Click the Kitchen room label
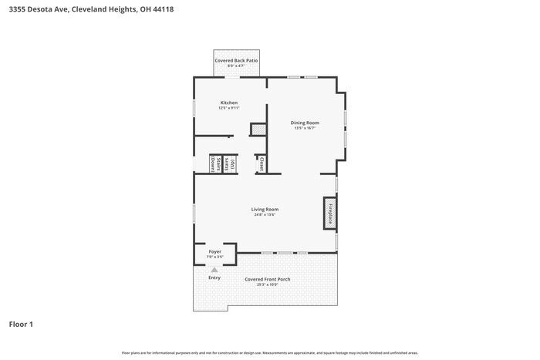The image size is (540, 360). click(229, 103)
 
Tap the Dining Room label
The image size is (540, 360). click(305, 123)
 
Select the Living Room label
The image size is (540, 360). click(265, 209)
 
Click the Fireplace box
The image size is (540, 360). click(329, 213)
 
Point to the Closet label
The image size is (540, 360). click(262, 164)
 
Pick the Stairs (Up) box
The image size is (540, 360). click(230, 163)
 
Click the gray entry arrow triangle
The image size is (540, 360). click(214, 269)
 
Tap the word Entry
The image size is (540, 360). click(214, 278)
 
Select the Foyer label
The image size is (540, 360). click(215, 251)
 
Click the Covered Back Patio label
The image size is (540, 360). click(236, 60)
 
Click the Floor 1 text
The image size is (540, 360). click(21, 324)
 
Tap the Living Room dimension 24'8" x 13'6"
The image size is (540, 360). click(265, 215)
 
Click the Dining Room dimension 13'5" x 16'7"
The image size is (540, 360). click(305, 128)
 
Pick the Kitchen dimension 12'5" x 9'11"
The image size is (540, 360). click(229, 108)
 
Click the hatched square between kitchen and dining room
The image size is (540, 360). click(258, 130)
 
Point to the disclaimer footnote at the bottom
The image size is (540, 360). click(269, 352)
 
